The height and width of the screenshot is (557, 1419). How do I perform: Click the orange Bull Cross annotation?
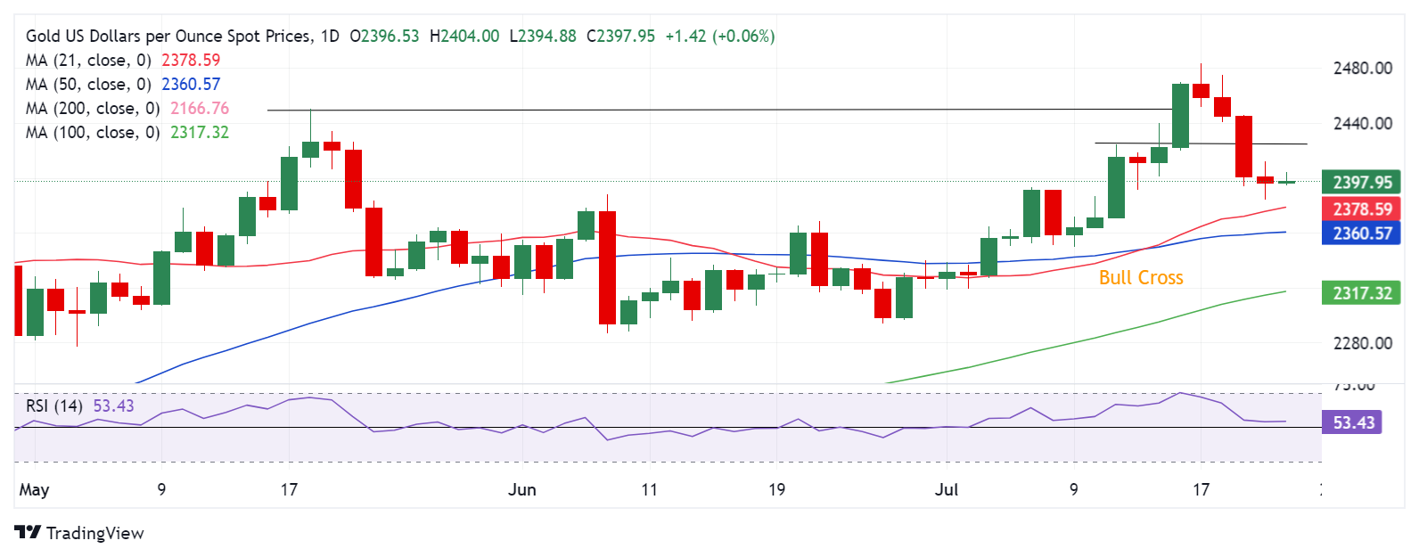[x=1141, y=278]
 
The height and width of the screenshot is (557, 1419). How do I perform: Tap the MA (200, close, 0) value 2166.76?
[x=200, y=109]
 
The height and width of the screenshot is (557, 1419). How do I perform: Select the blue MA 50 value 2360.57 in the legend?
[x=191, y=85]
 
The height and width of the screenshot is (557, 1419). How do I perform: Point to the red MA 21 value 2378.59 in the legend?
[x=191, y=61]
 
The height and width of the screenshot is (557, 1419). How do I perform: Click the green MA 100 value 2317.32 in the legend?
[x=200, y=133]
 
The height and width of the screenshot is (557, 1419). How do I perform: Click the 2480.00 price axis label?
[x=1362, y=69]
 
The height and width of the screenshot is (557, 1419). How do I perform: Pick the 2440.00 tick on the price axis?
[x=1362, y=124]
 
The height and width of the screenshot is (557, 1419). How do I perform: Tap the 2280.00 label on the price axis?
[x=1362, y=343]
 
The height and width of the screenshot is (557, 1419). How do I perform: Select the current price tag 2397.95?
[x=1361, y=183]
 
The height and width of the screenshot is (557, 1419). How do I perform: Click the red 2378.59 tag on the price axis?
[x=1361, y=209]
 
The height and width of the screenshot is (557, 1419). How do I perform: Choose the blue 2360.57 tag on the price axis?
[x=1361, y=233]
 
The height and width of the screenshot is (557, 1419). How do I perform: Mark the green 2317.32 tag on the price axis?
[x=1361, y=293]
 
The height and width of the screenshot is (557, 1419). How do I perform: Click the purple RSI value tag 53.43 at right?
[x=1352, y=422]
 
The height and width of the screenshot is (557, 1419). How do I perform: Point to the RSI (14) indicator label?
[x=54, y=406]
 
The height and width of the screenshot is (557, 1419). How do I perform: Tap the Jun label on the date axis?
[x=522, y=490]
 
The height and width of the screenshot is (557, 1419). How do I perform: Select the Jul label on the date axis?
[x=947, y=490]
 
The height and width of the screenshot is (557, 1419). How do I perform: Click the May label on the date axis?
[x=34, y=490]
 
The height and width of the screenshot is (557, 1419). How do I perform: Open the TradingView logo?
[x=79, y=533]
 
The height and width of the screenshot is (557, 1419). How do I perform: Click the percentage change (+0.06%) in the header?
[x=743, y=37]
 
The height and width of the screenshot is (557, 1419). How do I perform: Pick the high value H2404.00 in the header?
[x=464, y=37]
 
